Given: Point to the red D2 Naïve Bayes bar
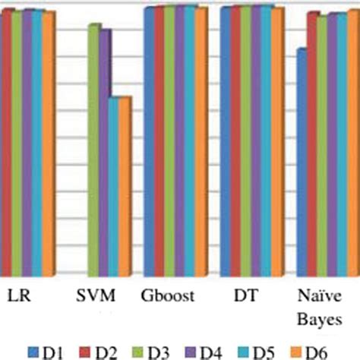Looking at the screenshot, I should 311,144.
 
